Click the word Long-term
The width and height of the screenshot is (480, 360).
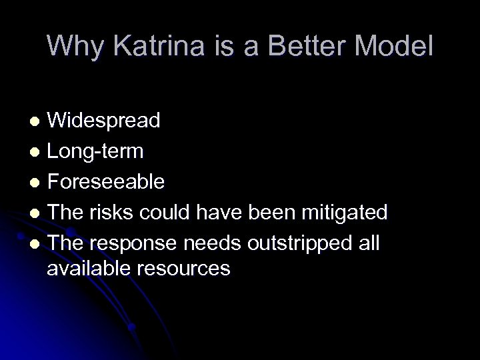click(95, 151)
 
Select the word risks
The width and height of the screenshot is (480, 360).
click(113, 213)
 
